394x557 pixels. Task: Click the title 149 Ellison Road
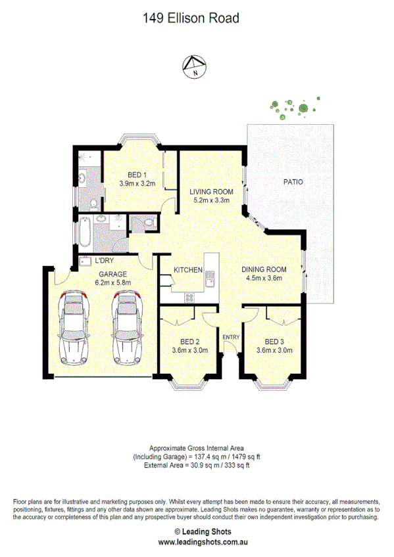[x=191, y=18]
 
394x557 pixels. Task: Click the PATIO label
[x=293, y=182]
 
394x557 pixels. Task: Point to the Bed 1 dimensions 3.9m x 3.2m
[x=137, y=184]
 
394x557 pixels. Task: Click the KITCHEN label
[x=187, y=270]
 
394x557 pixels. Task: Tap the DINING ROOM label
[x=264, y=269]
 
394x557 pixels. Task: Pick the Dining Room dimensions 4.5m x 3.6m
[x=264, y=278]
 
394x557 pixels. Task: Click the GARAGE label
[x=113, y=274]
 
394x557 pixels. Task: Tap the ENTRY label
[x=232, y=338]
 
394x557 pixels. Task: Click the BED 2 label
[x=190, y=342]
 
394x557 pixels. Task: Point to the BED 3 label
[x=274, y=342]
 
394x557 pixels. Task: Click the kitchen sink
[x=211, y=279]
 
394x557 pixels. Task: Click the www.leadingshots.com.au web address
[x=196, y=543]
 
